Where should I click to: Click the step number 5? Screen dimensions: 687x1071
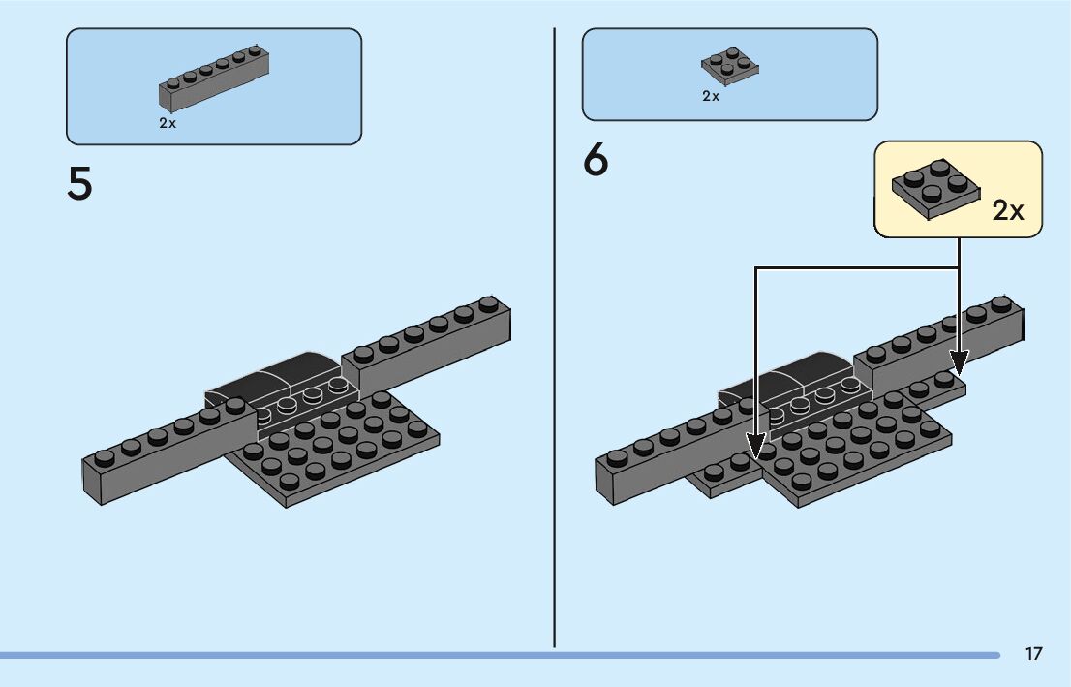click(79, 185)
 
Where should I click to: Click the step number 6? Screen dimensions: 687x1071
click(596, 162)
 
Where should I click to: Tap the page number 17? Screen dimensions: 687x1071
click(1033, 654)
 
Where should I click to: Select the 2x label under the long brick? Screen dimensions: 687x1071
click(168, 124)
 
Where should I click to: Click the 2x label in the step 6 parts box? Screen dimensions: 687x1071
click(711, 96)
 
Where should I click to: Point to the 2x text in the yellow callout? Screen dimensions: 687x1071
click(1007, 210)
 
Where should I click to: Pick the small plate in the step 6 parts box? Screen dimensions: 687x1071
click(729, 67)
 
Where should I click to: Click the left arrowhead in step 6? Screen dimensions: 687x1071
click(756, 449)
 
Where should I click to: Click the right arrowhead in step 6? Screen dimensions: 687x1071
click(958, 363)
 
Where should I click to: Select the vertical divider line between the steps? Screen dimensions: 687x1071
click(554, 339)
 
